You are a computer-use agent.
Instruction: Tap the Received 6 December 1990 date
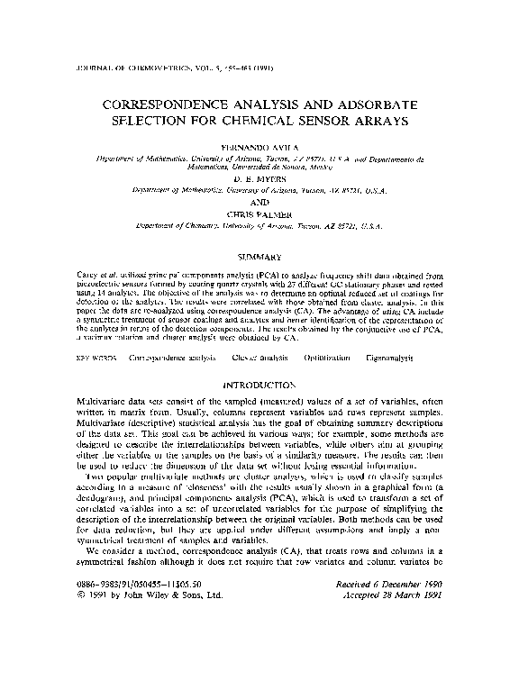click(x=397, y=635)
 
